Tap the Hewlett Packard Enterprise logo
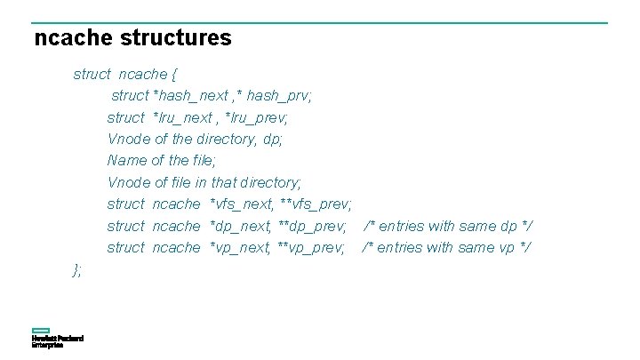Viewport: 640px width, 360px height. pyautogui.click(x=57, y=340)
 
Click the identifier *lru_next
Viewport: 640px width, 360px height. pyautogui.click(x=183, y=117)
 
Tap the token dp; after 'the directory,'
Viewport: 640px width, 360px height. pyautogui.click(x=273, y=139)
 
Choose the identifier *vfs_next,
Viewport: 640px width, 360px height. pyautogui.click(x=239, y=204)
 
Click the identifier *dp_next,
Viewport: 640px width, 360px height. pyautogui.click(x=239, y=226)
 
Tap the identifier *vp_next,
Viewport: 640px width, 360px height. pyautogui.click(x=239, y=247)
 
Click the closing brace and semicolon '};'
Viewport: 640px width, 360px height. pyautogui.click(x=77, y=269)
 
